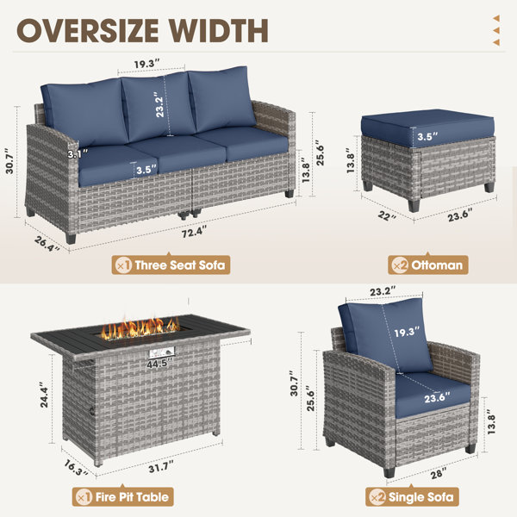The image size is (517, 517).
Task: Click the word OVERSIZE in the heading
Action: (88, 30)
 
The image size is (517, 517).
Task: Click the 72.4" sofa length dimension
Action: (194, 231)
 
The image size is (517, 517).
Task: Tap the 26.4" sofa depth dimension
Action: (47, 244)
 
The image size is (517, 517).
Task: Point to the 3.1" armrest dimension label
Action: (78, 153)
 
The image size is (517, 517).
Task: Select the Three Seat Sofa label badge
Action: (171, 265)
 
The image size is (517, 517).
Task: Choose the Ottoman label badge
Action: (428, 265)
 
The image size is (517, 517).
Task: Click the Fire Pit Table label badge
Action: (123, 496)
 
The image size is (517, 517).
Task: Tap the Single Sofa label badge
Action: (412, 496)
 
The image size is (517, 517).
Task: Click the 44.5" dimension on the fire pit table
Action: (159, 364)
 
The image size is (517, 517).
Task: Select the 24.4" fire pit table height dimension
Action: (44, 395)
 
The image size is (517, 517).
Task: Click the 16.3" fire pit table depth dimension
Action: (76, 468)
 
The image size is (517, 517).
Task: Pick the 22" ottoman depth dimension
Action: (387, 216)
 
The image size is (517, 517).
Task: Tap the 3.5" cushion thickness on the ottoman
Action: (427, 136)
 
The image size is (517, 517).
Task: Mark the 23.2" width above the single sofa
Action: (383, 291)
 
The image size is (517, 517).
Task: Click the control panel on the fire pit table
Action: (162, 352)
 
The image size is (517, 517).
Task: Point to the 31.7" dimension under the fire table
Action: (161, 466)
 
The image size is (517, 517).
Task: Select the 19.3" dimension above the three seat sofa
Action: (146, 64)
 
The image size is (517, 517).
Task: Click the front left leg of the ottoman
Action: (414, 205)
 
